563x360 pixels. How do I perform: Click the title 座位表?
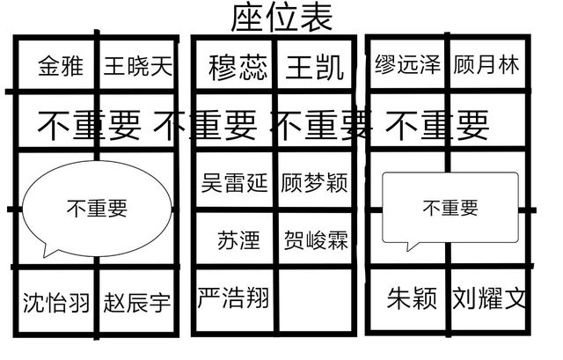coord(281,17)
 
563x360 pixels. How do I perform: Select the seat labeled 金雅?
coord(61,66)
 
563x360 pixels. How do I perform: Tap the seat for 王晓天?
coord(138,66)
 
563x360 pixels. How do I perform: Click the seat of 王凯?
coord(315,67)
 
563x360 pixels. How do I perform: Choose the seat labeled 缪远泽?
coord(406,66)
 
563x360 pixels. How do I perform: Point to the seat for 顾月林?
coord(486,66)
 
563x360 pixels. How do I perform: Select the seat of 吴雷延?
coord(234,183)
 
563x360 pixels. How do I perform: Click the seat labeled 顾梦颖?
coord(315,183)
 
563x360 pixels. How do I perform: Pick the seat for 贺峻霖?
coord(316,240)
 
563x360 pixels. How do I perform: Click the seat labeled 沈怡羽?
coord(56,302)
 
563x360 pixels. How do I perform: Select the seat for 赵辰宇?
coord(136,302)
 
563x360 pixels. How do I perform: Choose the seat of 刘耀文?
coord(489,299)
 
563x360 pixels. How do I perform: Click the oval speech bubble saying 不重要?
coord(97,208)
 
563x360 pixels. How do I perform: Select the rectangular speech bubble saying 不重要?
coord(450,208)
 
